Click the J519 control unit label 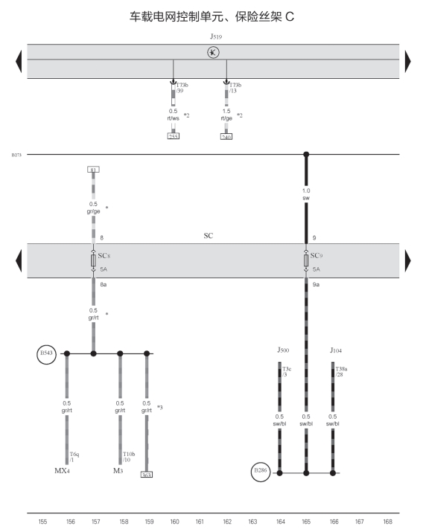(216, 36)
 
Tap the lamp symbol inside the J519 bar (213, 52)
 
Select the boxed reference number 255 (174, 136)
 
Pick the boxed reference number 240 (226, 137)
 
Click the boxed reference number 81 (93, 170)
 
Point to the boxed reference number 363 (147, 475)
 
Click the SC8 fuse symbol (93, 260)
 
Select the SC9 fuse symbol (306, 260)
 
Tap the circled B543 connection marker (47, 354)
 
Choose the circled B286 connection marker (261, 472)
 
